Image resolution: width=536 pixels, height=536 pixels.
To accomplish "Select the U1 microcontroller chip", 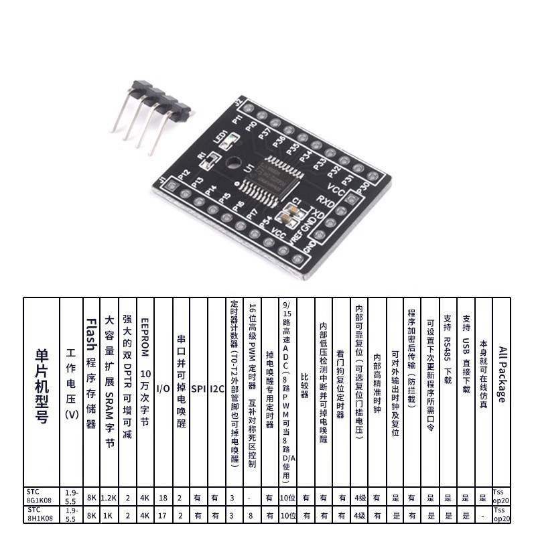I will click(x=283, y=173).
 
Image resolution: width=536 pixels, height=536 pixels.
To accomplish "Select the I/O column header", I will click(x=163, y=388).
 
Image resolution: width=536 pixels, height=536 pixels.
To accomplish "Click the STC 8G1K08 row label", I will click(x=41, y=496).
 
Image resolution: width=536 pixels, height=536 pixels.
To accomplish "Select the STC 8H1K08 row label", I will click(x=41, y=514).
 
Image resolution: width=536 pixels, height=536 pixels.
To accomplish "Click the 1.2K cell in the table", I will click(x=109, y=498).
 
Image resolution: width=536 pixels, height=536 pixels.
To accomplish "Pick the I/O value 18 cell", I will click(x=163, y=498).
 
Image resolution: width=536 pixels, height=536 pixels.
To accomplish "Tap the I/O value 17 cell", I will click(x=163, y=515).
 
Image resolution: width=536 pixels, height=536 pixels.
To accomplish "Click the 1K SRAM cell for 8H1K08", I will click(x=109, y=515).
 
